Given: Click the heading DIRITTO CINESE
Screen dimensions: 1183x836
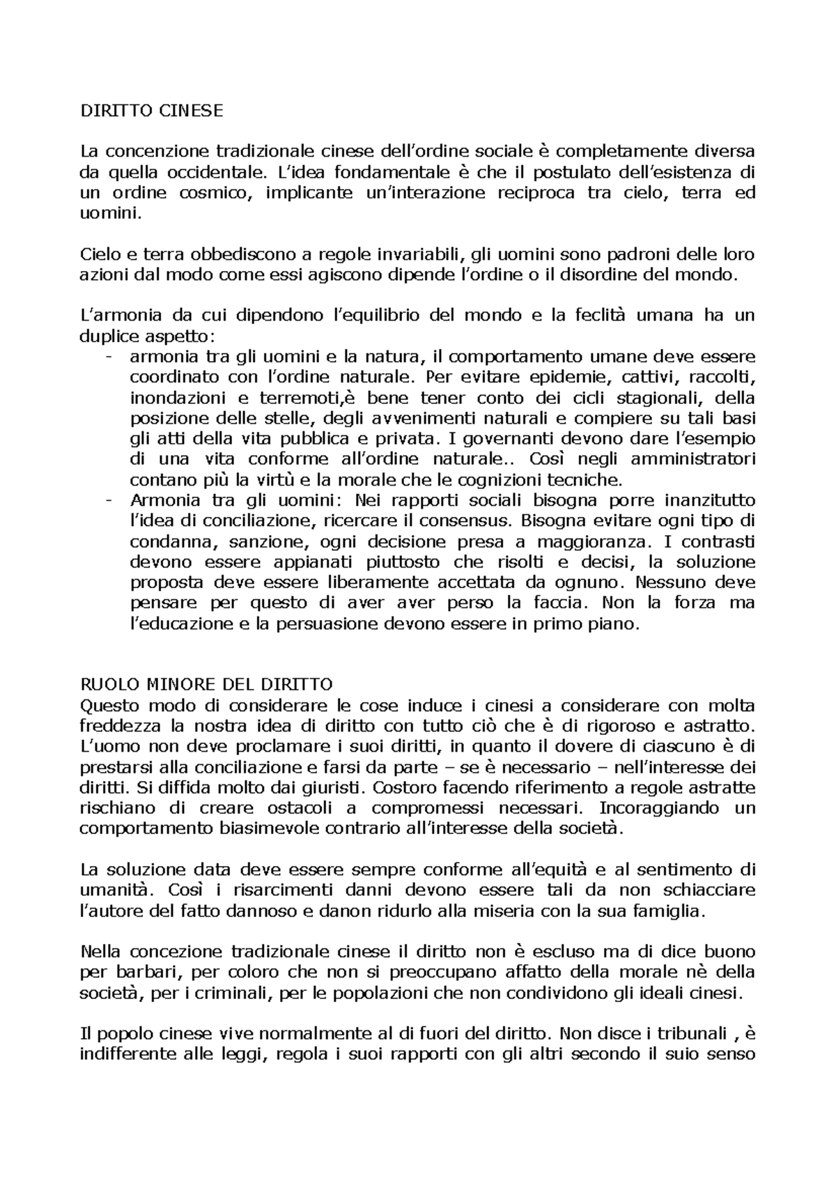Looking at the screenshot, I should coord(151,111).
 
